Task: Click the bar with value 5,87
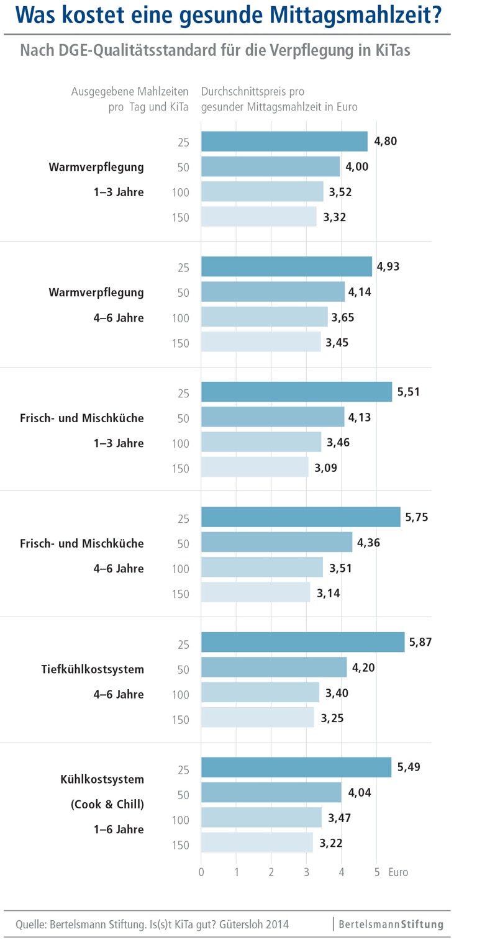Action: click(302, 642)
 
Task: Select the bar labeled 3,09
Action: click(255, 467)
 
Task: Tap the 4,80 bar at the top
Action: click(284, 142)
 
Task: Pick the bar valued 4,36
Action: click(276, 542)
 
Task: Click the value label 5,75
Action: click(417, 517)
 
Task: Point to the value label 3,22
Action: click(332, 843)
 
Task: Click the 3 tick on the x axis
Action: click(306, 872)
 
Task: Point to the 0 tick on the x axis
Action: click(201, 872)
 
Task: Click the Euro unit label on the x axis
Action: click(398, 872)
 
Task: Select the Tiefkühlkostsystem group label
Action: click(93, 669)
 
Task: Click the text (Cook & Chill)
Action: click(107, 804)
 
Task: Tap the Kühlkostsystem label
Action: click(102, 779)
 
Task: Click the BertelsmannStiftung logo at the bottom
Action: click(391, 925)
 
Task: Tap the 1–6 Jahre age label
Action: click(119, 829)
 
